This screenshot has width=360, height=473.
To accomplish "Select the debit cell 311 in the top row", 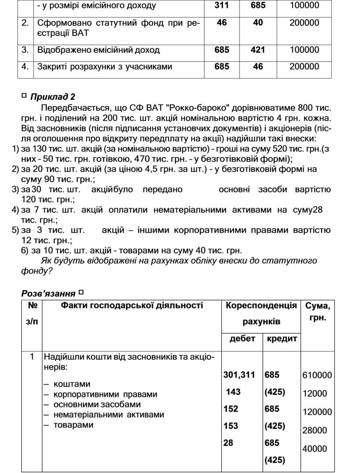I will (x=222, y=6).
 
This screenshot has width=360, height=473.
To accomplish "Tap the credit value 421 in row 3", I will (x=258, y=50).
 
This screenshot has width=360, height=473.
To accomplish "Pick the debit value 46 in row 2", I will (x=222, y=23).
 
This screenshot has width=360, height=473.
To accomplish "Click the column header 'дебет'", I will (x=242, y=338).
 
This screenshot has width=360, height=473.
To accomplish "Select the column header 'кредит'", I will (x=281, y=338).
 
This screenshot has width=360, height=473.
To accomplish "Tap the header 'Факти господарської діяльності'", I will (x=132, y=305).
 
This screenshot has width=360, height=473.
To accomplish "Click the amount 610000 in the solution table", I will (x=317, y=375).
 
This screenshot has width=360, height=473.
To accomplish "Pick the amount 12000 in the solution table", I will (x=314, y=394).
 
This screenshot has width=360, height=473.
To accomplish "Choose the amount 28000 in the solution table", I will (x=314, y=430).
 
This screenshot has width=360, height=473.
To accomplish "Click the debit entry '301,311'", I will (x=239, y=375).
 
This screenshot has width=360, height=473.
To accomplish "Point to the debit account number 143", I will (x=233, y=392).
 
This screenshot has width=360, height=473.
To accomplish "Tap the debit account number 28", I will (x=228, y=443).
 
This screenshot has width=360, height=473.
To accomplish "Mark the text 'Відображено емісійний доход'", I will (x=98, y=50).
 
